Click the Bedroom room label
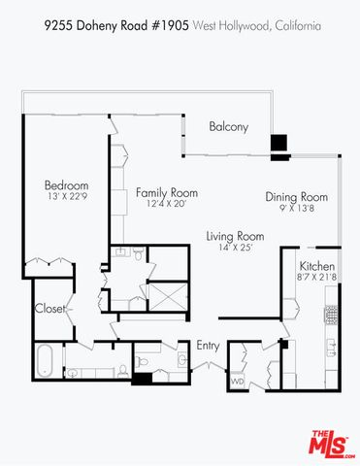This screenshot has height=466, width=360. pyautogui.click(x=66, y=185)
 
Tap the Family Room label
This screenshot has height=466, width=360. pyautogui.click(x=159, y=191)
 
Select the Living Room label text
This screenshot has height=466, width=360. pyautogui.click(x=235, y=236)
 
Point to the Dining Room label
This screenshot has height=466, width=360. pyautogui.click(x=297, y=197)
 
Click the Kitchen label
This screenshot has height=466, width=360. pyautogui.click(x=317, y=266)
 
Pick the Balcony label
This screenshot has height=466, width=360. pyautogui.click(x=229, y=126)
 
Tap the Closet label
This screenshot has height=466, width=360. pyautogui.click(x=49, y=309)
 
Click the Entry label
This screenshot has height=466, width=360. pyautogui.click(x=208, y=346)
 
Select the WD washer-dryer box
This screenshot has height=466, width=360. pyautogui.click(x=238, y=382)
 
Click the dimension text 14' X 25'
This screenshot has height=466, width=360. pyautogui.click(x=234, y=249)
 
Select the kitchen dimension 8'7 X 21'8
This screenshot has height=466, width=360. pyautogui.click(x=317, y=278)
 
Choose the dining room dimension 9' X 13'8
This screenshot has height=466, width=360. pyautogui.click(x=297, y=209)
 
